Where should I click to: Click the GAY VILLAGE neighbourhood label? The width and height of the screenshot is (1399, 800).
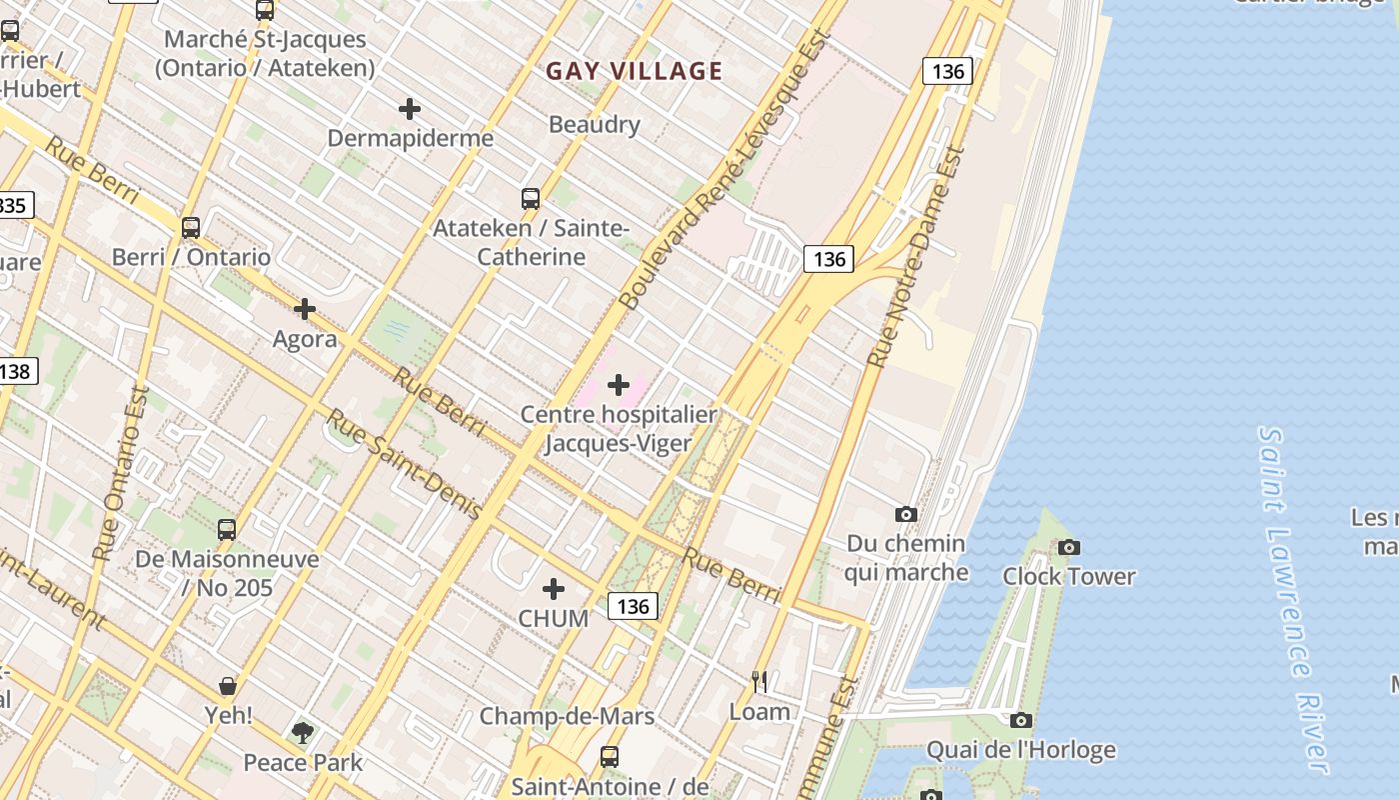(634, 71)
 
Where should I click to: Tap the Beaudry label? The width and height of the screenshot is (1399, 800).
(594, 125)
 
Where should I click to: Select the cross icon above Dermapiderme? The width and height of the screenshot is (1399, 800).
(410, 109)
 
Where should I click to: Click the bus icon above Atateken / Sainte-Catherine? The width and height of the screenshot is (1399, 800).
(531, 199)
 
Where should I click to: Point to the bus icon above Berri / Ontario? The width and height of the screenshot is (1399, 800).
(191, 228)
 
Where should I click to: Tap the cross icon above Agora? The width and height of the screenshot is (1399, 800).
(305, 310)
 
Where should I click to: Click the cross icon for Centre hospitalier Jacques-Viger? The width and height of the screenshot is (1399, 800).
(619, 384)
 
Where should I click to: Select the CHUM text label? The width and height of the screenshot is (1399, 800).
(553, 619)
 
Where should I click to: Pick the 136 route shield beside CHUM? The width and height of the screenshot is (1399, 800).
(633, 606)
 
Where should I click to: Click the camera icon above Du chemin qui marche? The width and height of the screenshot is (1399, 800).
(906, 515)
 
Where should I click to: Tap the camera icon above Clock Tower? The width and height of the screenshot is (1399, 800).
(1069, 548)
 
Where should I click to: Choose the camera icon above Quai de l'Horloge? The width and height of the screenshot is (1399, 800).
(1020, 721)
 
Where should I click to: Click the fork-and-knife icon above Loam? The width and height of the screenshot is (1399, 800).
(759, 682)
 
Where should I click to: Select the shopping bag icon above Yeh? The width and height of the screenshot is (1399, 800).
(228, 686)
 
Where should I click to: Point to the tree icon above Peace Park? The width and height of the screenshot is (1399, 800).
(303, 733)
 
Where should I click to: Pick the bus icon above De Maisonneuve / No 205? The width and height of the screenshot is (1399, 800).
(227, 530)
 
